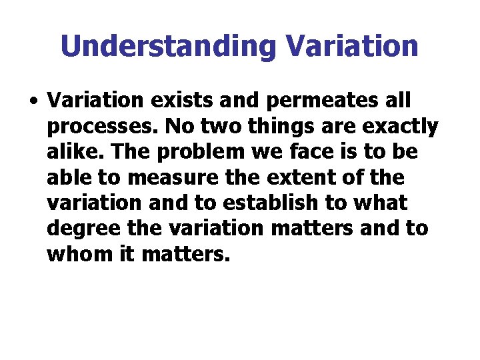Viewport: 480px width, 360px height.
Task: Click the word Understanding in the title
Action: tap(167, 46)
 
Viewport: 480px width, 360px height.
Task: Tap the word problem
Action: tap(185, 152)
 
